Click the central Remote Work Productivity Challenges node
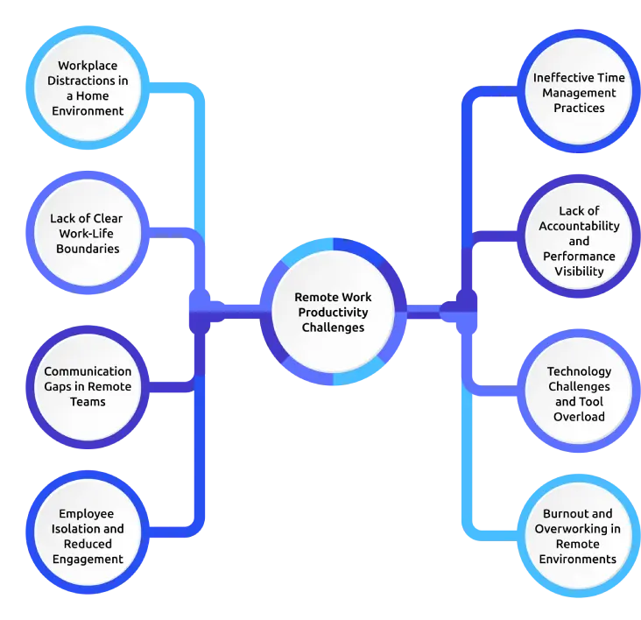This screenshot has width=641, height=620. click(333, 313)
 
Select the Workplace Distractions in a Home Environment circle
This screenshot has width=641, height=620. click(88, 88)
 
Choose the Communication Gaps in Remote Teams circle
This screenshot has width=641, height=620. click(88, 387)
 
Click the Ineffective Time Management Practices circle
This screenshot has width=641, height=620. click(579, 93)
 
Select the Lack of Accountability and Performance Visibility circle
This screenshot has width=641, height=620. click(579, 241)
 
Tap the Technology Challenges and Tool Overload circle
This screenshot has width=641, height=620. click(579, 394)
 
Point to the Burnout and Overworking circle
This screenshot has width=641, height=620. click(578, 536)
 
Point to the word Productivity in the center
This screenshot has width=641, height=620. click(333, 313)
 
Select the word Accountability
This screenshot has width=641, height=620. click(579, 226)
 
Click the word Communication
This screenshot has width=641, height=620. click(88, 371)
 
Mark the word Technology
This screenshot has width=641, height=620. click(579, 371)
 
